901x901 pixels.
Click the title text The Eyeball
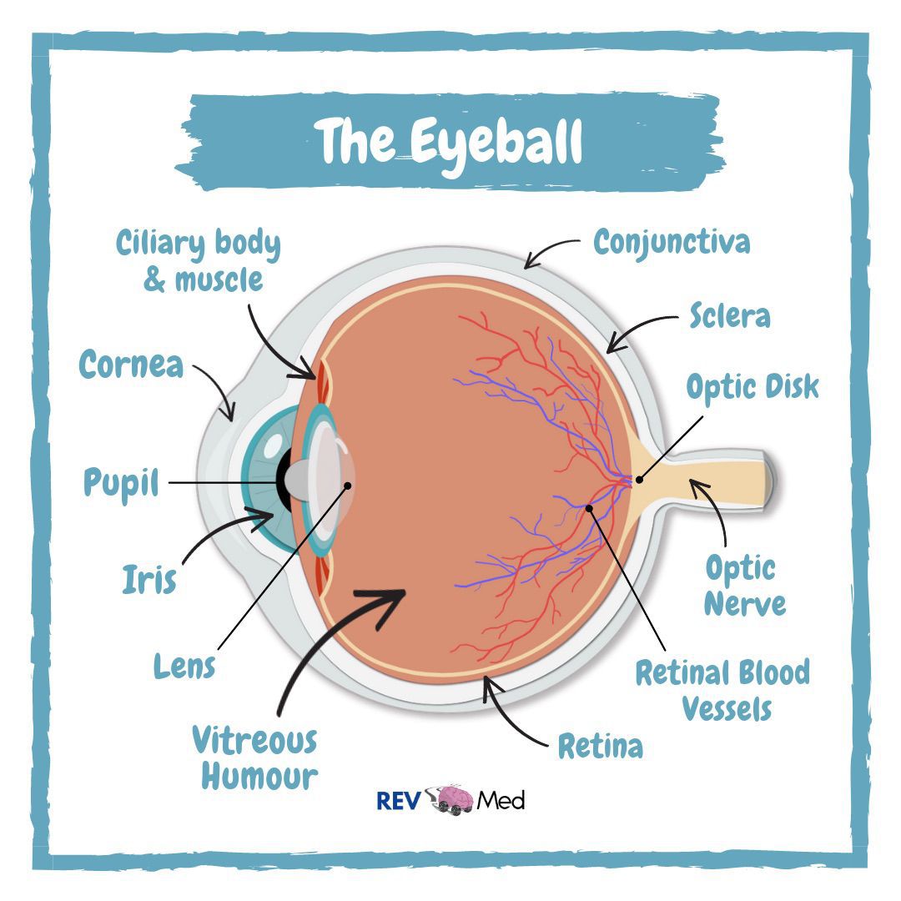(450, 141)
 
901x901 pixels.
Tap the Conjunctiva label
(672, 243)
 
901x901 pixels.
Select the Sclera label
(729, 316)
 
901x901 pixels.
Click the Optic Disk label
(753, 387)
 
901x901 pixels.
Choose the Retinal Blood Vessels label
(722, 690)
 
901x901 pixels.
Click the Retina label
(600, 747)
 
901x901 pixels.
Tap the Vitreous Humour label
(254, 758)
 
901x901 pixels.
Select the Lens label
(184, 666)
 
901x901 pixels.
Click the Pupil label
(121, 483)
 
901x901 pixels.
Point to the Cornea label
(131, 365)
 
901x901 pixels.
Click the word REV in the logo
(397, 800)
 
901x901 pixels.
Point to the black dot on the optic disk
(639, 480)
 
